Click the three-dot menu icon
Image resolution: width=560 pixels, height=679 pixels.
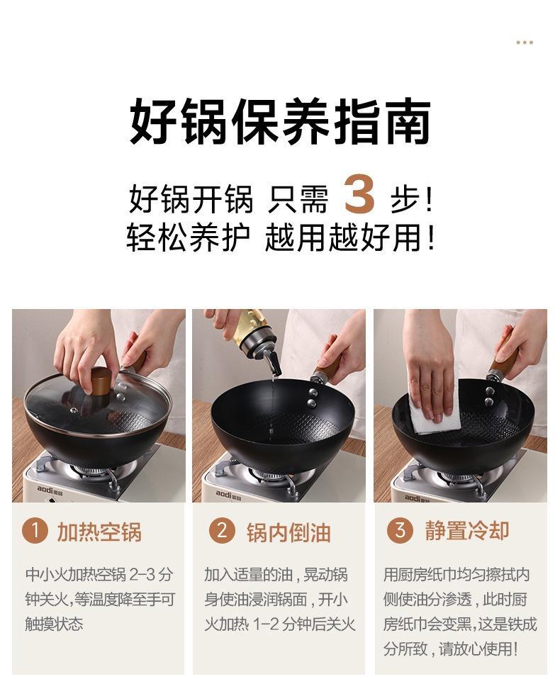525,43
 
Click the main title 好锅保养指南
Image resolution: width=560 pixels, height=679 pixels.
280,121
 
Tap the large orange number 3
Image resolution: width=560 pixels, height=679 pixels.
359,193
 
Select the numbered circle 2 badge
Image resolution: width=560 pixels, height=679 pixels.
222,530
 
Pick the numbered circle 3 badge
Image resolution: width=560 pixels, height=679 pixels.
400,530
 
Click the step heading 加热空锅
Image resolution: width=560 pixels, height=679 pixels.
100,532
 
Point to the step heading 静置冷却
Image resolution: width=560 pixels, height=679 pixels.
467,531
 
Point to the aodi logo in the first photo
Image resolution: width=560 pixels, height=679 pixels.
50,490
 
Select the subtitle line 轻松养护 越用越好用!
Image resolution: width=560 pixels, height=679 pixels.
281,237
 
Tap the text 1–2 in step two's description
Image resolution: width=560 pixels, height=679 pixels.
266,624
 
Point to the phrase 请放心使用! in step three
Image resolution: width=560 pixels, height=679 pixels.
478,649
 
